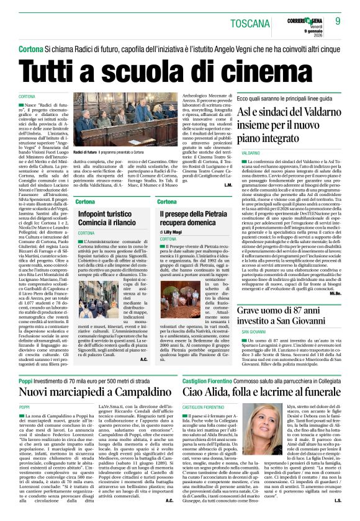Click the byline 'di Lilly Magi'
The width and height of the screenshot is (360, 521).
coord(173,231)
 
